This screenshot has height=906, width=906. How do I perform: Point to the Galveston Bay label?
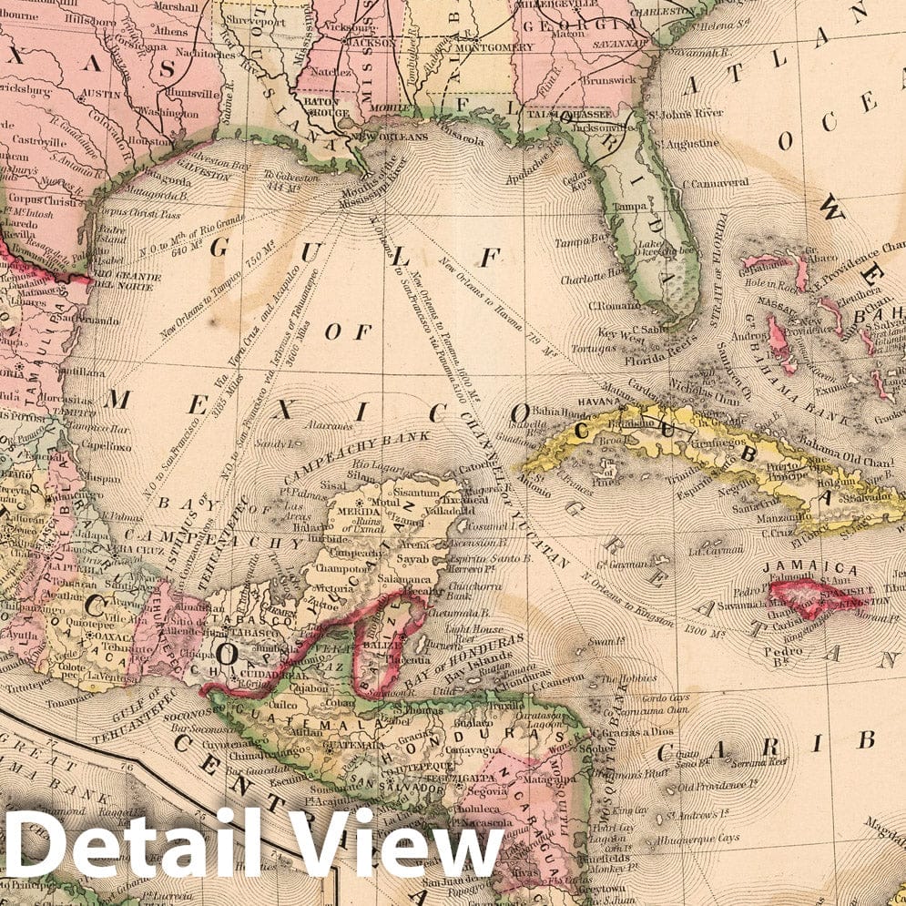point(219,166)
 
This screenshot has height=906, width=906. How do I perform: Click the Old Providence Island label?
point(719,784)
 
